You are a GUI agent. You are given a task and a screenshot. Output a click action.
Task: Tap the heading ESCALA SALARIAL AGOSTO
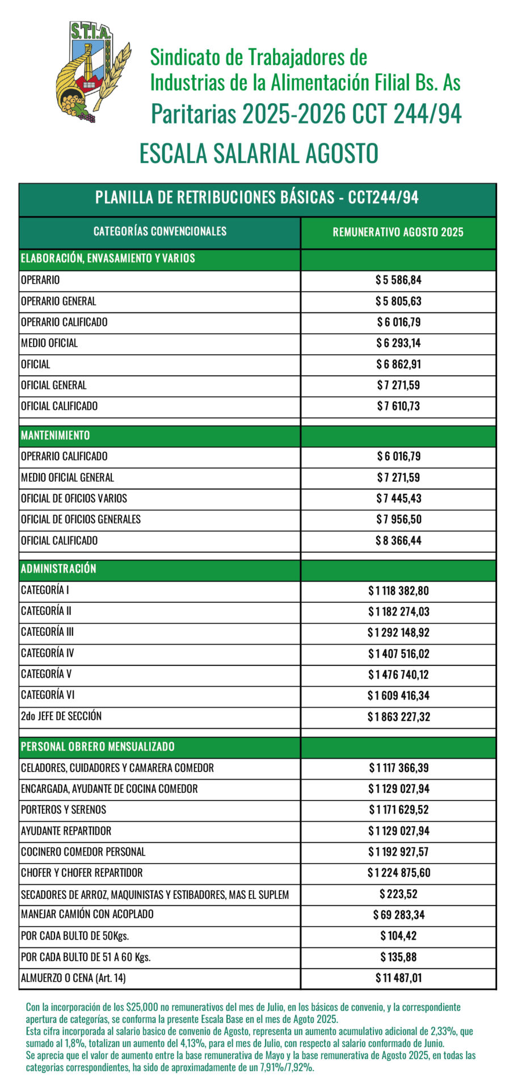pos(259,154)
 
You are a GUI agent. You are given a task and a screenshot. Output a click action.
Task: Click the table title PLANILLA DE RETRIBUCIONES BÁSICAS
pos(257,197)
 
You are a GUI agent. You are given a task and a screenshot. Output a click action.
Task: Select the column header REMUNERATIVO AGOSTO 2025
pos(398,232)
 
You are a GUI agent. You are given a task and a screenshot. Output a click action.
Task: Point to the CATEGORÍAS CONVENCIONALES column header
pos(159,231)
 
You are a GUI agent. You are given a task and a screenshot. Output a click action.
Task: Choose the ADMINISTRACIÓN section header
pos(58,569)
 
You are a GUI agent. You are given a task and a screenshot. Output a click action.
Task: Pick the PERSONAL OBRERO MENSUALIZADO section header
pos(98,746)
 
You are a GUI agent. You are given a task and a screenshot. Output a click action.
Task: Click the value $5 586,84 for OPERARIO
pos(398,280)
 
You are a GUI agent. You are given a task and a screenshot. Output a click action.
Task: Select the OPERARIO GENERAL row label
pos(58,301)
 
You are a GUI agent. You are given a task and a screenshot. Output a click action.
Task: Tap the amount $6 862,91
pos(398,364)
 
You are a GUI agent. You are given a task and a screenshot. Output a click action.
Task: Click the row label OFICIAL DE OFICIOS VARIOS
pos(74,498)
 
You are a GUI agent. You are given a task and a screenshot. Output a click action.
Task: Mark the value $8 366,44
pos(398,541)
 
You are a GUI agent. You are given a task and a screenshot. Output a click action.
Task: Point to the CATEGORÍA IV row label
pos(47,653)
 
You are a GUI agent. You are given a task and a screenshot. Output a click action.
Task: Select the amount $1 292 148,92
pos(398,632)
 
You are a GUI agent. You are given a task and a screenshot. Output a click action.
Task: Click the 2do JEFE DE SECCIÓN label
pos(61,716)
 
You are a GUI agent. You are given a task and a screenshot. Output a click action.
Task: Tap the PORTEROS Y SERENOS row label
pos(64,809)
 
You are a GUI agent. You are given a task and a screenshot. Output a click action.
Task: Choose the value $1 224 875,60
pos(398,873)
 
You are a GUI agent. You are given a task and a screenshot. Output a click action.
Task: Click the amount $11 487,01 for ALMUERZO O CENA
pos(398,977)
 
